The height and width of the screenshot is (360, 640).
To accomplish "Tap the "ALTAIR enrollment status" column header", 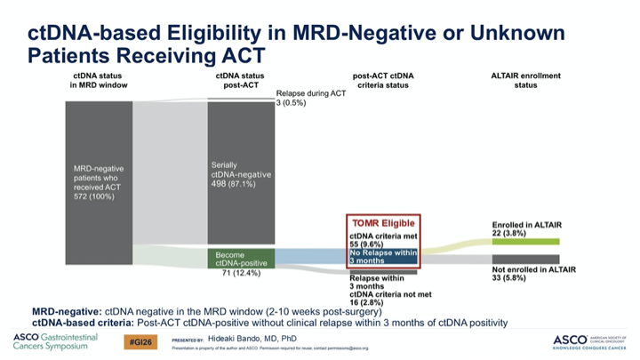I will click(526, 81).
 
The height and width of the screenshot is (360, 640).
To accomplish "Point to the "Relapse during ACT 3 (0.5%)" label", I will click(311, 98).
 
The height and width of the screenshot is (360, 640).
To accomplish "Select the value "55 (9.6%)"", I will click(367, 243).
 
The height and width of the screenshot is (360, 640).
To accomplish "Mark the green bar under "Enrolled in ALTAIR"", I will click(525, 241).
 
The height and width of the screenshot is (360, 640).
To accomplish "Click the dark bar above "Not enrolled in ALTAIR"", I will click(525, 259).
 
